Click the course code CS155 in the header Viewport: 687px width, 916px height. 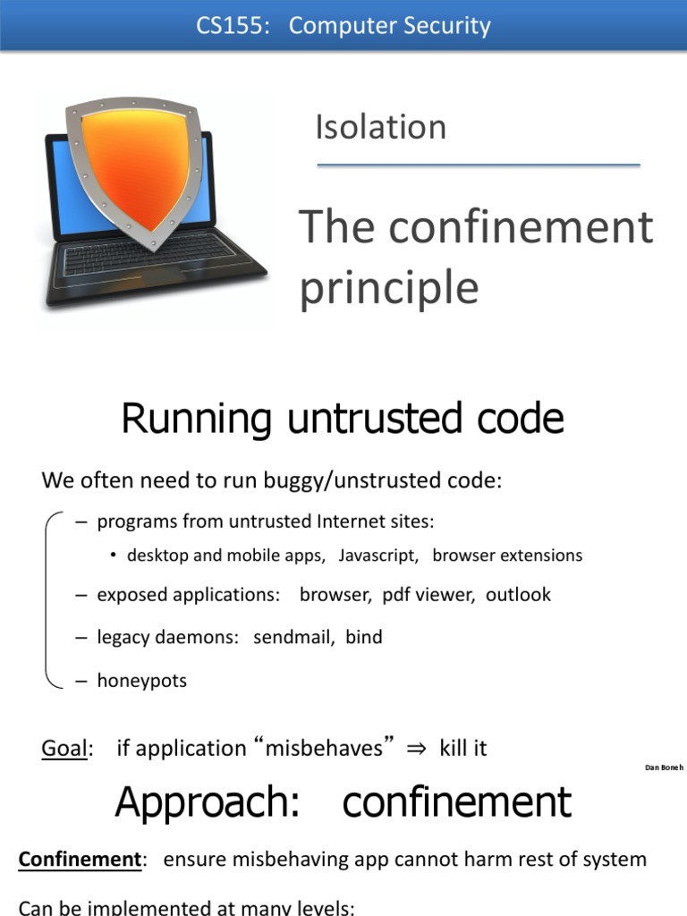tap(231, 25)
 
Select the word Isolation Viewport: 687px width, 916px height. tap(380, 127)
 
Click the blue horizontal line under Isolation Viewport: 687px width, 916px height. tap(479, 165)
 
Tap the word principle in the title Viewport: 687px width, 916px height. tap(388, 288)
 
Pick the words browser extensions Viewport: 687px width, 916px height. tap(507, 556)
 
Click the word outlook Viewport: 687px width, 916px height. tap(518, 595)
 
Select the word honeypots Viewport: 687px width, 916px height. tap(141, 681)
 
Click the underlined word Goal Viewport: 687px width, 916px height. tap(64, 748)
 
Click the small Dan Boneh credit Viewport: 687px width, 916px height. tap(664, 768)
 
